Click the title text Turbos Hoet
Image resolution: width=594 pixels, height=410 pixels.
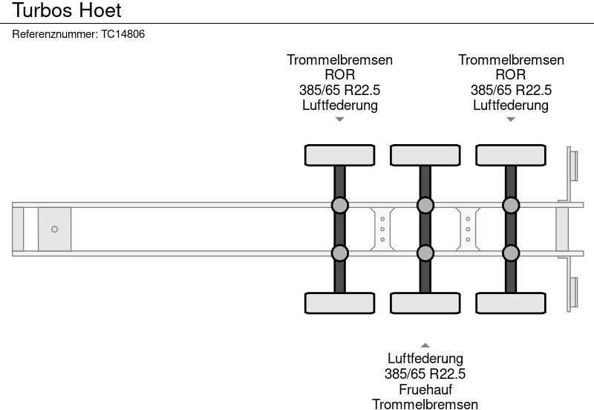67,11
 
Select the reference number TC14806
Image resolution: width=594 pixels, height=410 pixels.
123,34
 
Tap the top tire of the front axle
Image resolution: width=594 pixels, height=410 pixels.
339,154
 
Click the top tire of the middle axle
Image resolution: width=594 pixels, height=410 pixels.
425,154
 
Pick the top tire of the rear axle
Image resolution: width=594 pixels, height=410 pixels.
510,154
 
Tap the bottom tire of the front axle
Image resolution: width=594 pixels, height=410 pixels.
339,303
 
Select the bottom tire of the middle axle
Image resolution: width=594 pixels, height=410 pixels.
425,303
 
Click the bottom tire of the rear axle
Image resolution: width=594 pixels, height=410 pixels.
510,303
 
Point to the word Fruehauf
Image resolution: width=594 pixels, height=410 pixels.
425,389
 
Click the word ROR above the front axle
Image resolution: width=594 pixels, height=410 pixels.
339,74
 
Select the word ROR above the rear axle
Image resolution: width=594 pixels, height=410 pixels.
510,74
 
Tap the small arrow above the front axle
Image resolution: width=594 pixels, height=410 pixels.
339,119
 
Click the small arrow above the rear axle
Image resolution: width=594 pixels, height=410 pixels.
510,119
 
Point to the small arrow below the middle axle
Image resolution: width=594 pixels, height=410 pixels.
425,345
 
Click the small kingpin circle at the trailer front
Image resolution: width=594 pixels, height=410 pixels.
54,229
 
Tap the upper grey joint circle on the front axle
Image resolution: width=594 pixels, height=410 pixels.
339,205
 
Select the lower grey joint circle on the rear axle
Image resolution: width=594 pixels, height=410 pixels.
510,253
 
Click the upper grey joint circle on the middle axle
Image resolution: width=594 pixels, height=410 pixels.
425,205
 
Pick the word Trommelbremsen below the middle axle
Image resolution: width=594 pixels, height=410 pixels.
425,404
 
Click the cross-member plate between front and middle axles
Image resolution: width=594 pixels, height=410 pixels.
382,229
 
